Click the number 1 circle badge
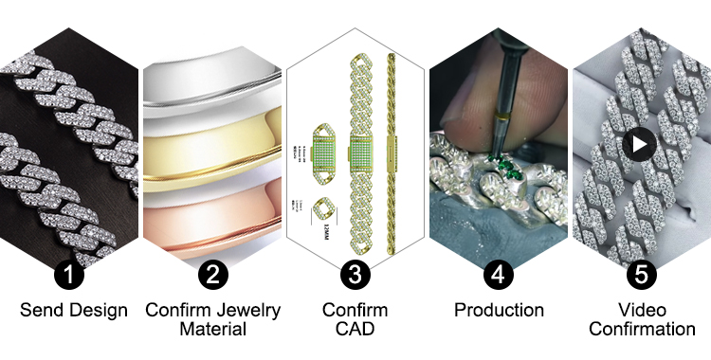(x=72, y=276)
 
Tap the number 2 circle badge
(x=213, y=276)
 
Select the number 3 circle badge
(x=355, y=276)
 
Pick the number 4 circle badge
(x=499, y=276)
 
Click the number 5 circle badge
(x=641, y=276)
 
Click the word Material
(x=213, y=330)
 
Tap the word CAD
(x=355, y=330)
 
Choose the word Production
(x=499, y=311)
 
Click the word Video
(x=641, y=311)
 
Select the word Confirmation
(x=641, y=330)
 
